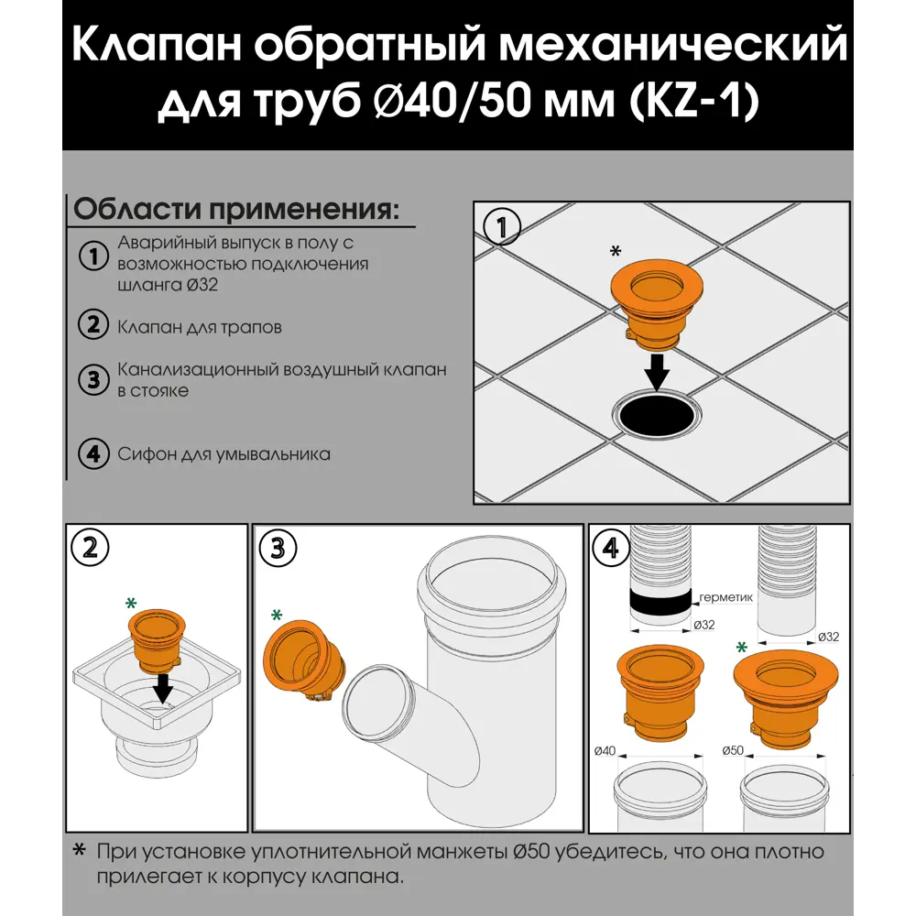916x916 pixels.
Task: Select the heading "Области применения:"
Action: pos(236,209)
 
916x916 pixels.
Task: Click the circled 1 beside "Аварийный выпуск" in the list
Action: pos(93,256)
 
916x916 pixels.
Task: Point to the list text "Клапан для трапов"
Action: pos(200,326)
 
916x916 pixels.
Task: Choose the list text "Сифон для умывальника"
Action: pos(224,454)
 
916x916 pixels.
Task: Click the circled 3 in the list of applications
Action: pos(93,380)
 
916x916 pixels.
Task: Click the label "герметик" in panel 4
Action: pos(725,597)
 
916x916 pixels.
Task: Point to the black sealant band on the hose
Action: pos(659,601)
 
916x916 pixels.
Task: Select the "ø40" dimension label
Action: pos(604,751)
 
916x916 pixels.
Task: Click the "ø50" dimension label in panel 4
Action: pos(732,751)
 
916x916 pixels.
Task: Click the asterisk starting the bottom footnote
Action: pos(80,852)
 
